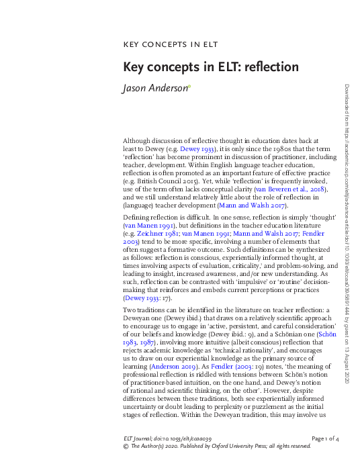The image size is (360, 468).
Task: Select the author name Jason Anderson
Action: [154, 87]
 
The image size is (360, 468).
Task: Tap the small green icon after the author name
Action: [189, 85]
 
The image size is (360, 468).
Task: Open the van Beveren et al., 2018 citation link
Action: [294, 190]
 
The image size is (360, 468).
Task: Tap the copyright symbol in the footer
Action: [126, 445]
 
